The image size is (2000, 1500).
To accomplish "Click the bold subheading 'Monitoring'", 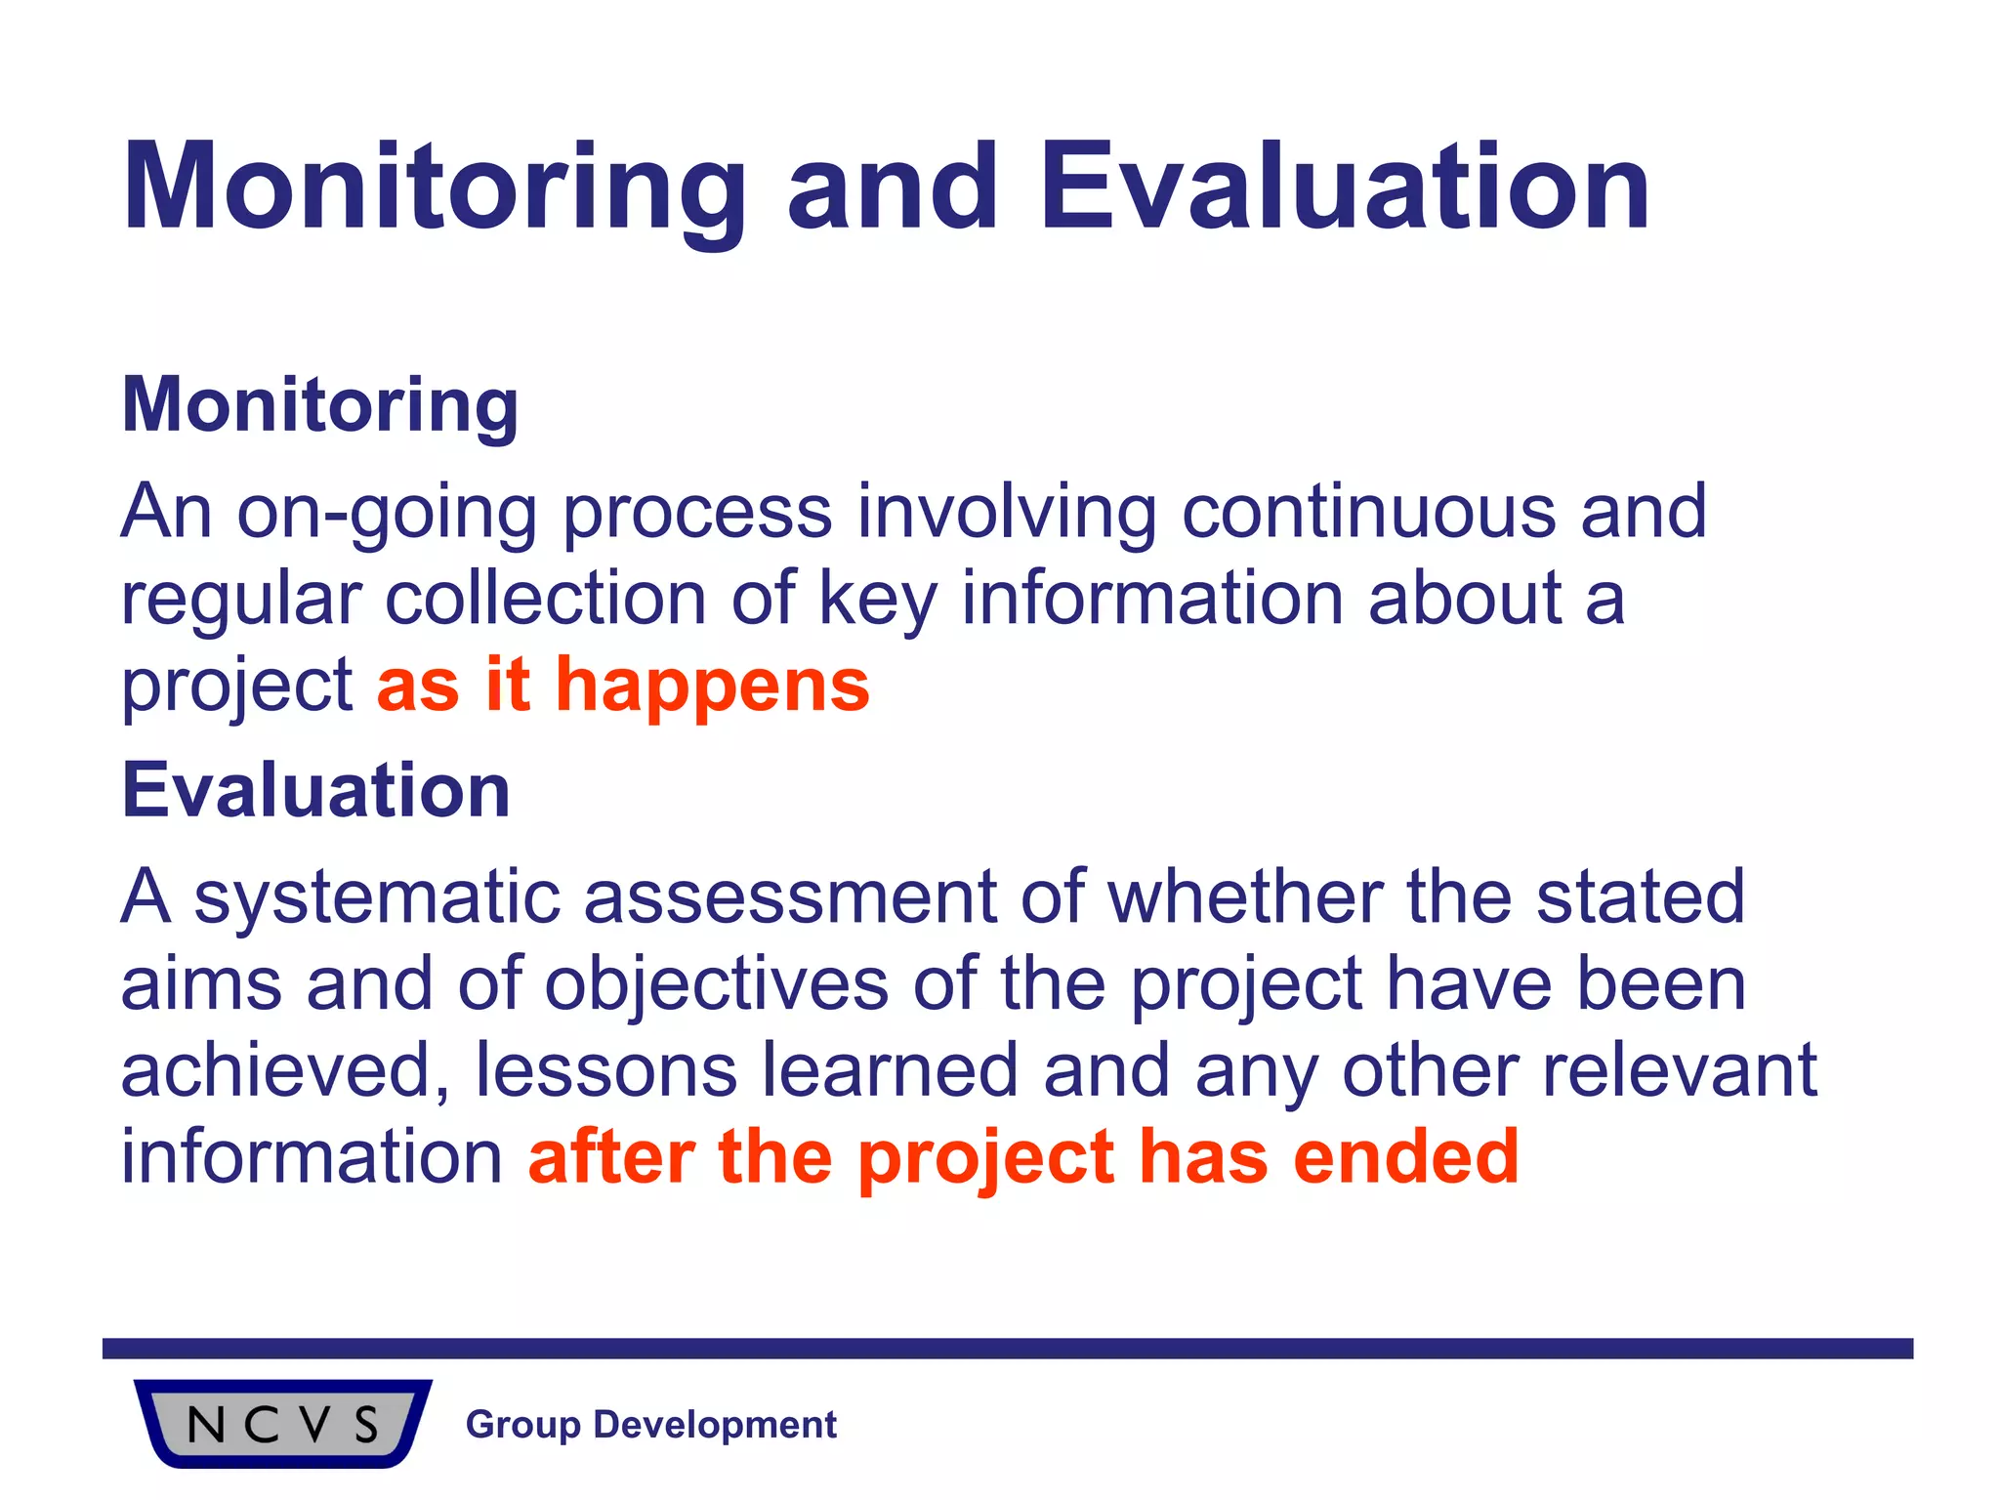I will [319, 405].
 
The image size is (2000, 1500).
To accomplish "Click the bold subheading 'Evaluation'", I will [315, 790].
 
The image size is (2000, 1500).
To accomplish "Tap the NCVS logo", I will [282, 1423].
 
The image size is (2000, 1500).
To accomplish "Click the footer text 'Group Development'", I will [650, 1425].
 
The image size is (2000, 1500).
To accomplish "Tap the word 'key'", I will [877, 600].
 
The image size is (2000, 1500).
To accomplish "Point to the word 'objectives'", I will [716, 984].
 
